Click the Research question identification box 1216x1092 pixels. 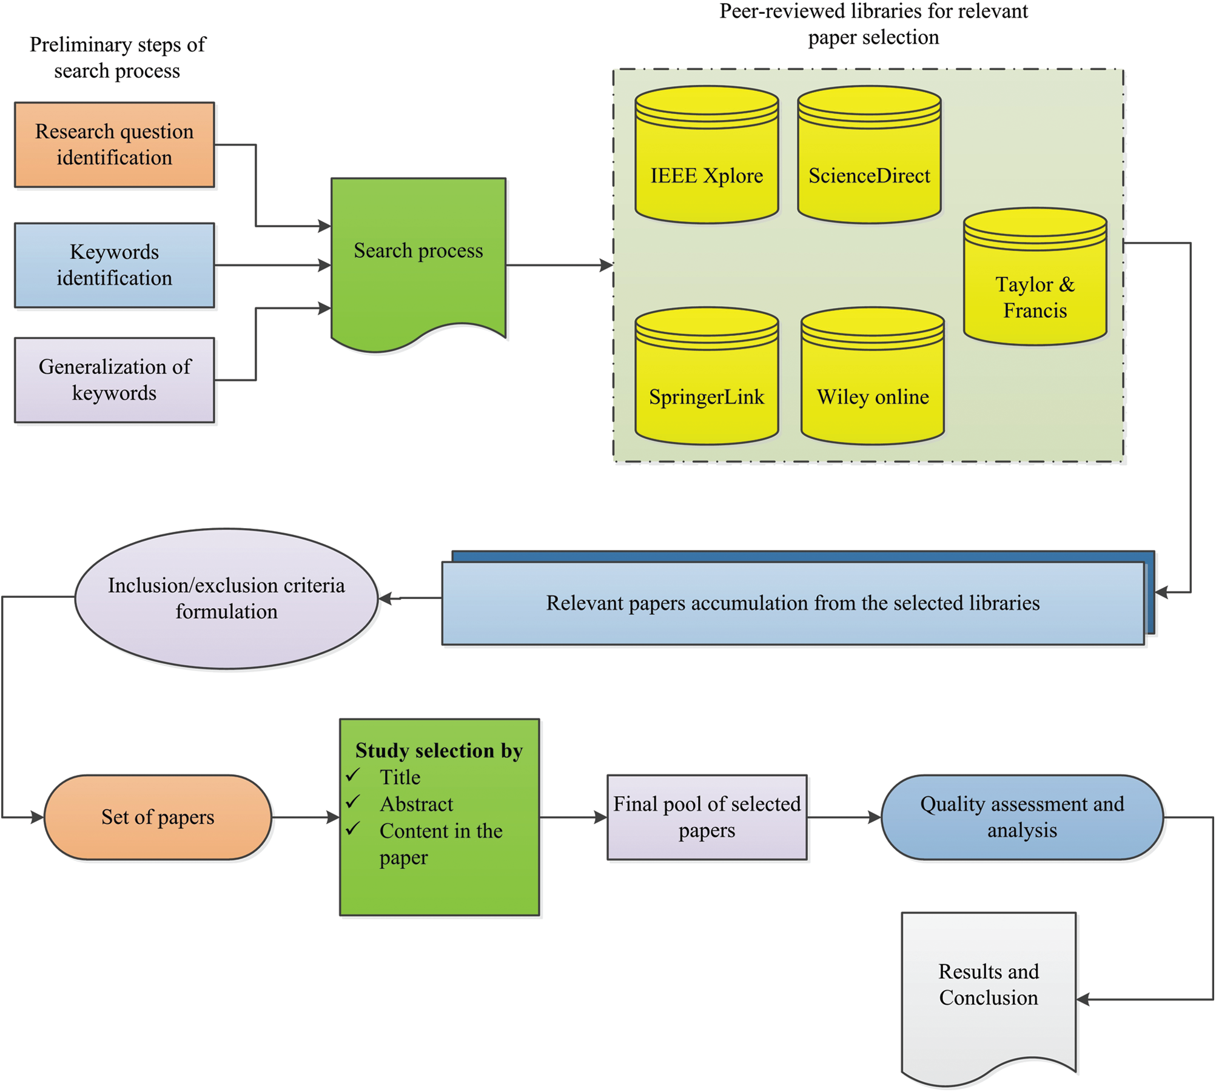pos(114,144)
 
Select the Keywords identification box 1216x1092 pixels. pos(114,265)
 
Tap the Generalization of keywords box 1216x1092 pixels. pos(114,380)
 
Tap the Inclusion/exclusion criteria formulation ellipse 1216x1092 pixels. pos(226,598)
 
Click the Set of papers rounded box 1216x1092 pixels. pos(158,817)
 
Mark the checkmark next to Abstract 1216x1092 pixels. pos(354,802)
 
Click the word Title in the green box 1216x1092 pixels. pos(400,777)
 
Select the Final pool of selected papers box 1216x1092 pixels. pos(707,817)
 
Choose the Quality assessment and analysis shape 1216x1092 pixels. pos(1021,817)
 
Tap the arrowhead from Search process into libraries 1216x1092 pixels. pos(606,265)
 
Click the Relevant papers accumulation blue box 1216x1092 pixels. pos(792,603)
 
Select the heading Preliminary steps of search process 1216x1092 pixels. pos(117,58)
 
